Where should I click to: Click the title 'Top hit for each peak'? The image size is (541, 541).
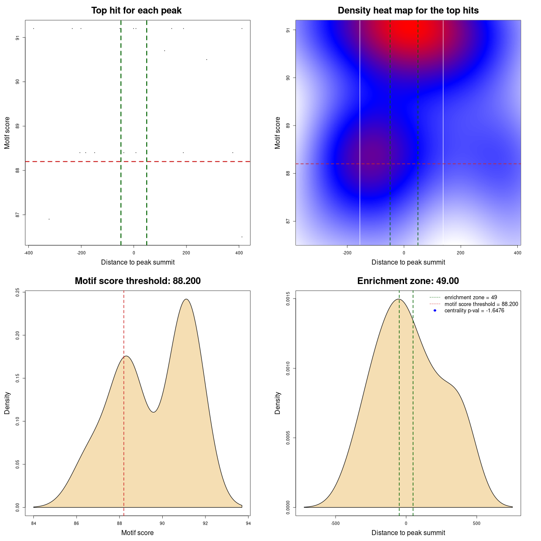(x=136, y=11)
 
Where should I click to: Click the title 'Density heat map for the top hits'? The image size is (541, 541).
(x=408, y=11)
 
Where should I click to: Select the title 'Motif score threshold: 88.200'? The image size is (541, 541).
(x=137, y=281)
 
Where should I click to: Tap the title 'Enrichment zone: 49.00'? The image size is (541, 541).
(x=408, y=281)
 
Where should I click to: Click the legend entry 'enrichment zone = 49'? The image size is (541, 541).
(x=470, y=298)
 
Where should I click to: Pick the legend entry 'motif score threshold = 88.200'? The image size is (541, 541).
(x=481, y=304)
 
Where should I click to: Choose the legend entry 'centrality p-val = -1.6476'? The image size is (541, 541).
(x=474, y=311)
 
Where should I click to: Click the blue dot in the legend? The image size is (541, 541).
(x=435, y=311)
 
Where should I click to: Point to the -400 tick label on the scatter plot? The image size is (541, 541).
(x=28, y=253)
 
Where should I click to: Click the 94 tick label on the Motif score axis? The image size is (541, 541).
(x=248, y=523)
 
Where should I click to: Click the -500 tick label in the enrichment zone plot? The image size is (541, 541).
(x=336, y=523)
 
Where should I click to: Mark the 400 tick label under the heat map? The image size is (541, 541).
(x=517, y=253)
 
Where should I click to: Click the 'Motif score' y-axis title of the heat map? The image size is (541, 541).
(x=278, y=133)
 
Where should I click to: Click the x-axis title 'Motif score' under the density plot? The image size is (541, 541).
(x=137, y=533)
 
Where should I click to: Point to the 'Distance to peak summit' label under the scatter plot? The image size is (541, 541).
(x=138, y=262)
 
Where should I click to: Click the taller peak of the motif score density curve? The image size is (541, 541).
(x=186, y=299)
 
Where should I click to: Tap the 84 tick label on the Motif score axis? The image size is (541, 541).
(x=34, y=523)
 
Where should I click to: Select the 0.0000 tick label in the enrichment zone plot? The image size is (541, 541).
(x=288, y=507)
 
